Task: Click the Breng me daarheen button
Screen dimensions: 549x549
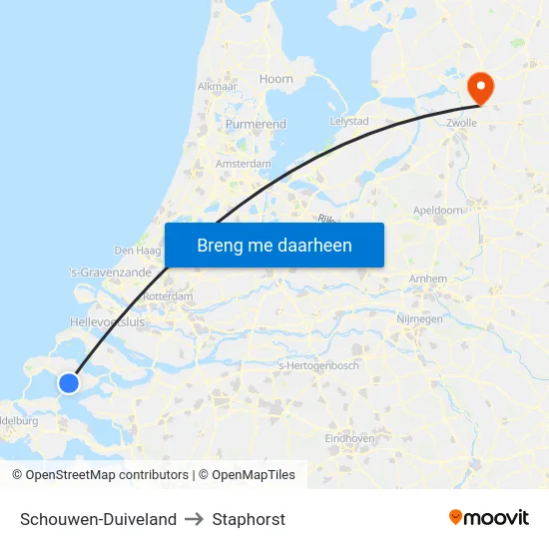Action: pyautogui.click(x=274, y=245)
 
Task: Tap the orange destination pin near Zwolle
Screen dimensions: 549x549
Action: pyautogui.click(x=480, y=87)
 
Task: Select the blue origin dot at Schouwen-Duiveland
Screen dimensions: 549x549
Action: pyautogui.click(x=69, y=383)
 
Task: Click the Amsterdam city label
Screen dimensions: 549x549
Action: pyautogui.click(x=244, y=164)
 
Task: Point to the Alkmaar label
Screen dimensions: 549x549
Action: pyautogui.click(x=217, y=87)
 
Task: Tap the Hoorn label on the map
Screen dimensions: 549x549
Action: pyautogui.click(x=275, y=79)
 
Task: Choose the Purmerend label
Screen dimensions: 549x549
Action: pyautogui.click(x=256, y=125)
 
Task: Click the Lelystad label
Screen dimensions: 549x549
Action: pyautogui.click(x=349, y=122)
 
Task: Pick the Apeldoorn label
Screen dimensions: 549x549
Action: pyautogui.click(x=438, y=211)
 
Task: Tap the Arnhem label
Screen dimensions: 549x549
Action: pyautogui.click(x=427, y=279)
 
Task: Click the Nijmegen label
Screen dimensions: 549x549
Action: pyautogui.click(x=420, y=319)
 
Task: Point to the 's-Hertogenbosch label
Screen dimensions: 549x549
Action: pyautogui.click(x=317, y=365)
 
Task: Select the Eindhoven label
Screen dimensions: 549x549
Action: pyautogui.click(x=349, y=438)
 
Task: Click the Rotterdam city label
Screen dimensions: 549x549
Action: pyautogui.click(x=168, y=296)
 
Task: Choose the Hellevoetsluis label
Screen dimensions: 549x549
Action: pyautogui.click(x=108, y=322)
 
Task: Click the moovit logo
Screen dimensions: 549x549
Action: pyautogui.click(x=488, y=518)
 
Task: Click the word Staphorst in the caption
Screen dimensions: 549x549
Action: pyautogui.click(x=249, y=519)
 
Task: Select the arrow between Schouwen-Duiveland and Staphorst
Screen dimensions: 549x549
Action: pyautogui.click(x=194, y=519)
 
